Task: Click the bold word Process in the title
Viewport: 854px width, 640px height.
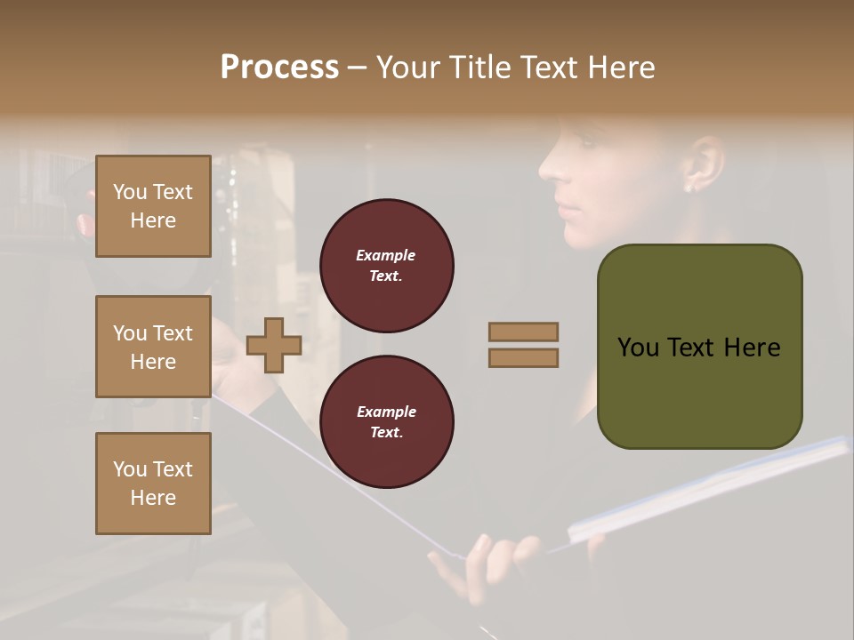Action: [279, 68]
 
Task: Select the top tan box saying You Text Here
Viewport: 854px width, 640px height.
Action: [153, 206]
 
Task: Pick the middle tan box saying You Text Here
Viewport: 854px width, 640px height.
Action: [153, 347]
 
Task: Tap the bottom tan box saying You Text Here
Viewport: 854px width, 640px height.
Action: [153, 484]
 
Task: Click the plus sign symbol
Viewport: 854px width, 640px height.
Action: [274, 345]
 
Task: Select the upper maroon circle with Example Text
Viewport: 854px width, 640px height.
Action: [387, 266]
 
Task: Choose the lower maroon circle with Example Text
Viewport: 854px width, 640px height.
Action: [387, 422]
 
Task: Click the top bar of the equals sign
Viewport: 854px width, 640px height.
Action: [524, 332]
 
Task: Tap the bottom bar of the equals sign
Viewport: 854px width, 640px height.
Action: [524, 357]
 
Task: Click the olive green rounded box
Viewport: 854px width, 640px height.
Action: [699, 347]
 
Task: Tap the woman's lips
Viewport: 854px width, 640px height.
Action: [567, 205]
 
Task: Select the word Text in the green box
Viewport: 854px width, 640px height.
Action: [697, 348]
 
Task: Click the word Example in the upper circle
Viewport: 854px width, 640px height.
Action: [386, 255]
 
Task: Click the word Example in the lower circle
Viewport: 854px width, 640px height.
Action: [386, 412]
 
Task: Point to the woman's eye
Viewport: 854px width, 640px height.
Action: [586, 140]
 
